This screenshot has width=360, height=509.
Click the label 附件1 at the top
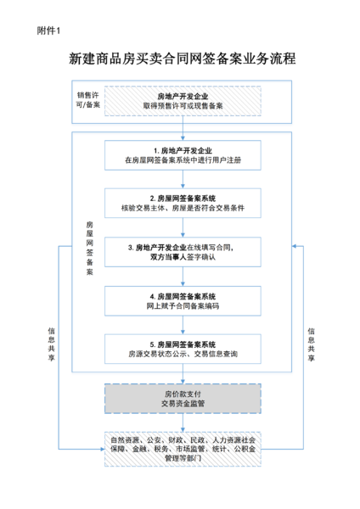[x=49, y=31]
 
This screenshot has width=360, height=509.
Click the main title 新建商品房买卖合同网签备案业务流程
[x=180, y=60]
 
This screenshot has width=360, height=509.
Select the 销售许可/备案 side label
[x=87, y=100]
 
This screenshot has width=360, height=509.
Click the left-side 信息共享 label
[x=53, y=344]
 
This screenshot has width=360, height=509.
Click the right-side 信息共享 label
[x=312, y=344]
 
